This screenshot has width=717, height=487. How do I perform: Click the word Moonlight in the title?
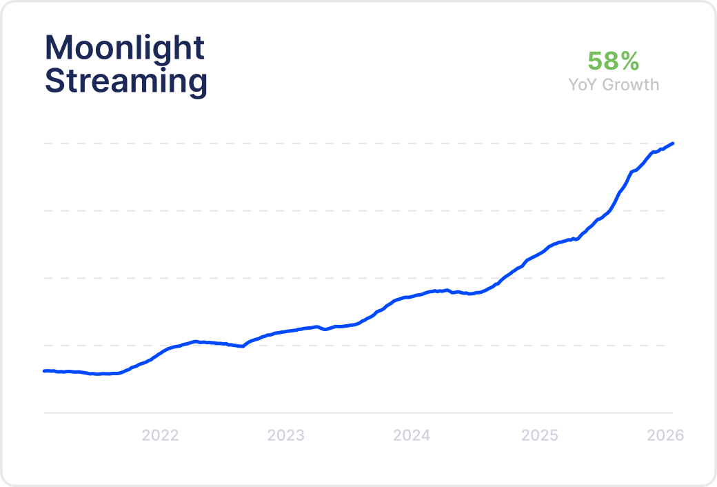(x=125, y=48)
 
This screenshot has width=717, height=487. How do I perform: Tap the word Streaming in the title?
(x=126, y=81)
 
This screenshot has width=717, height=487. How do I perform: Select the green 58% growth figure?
(x=613, y=61)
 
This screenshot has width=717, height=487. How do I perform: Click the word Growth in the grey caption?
(x=633, y=85)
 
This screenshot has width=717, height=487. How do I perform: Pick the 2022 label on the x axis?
(x=160, y=435)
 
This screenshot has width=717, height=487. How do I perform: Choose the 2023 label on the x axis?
(x=286, y=435)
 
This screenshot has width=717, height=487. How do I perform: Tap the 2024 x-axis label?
(x=412, y=435)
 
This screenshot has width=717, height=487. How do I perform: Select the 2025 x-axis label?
(x=540, y=435)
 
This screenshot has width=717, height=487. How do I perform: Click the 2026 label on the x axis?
(x=665, y=435)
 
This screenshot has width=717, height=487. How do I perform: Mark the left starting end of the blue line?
(x=45, y=370)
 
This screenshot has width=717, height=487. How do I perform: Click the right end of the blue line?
(x=672, y=143)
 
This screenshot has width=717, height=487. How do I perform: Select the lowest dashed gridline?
(x=345, y=346)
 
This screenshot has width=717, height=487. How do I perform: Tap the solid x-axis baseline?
(x=345, y=413)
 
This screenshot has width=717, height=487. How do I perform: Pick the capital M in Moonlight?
(x=59, y=48)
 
